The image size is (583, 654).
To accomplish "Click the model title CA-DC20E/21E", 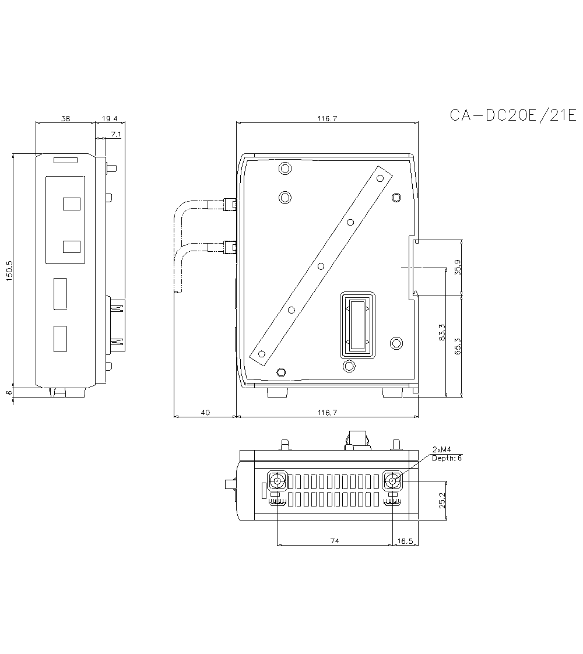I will tap(512, 115).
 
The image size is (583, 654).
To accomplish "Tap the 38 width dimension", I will tap(65, 118).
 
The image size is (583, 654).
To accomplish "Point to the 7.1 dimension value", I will tap(115, 135).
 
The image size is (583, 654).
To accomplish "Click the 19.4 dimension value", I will tap(110, 118).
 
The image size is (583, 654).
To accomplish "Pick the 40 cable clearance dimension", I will tap(205, 413).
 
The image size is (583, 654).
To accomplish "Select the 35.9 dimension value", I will tap(458, 267).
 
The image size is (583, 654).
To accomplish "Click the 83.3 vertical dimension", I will tap(442, 332).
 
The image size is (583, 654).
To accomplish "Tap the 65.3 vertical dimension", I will tap(458, 346).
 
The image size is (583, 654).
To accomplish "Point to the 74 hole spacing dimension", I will tap(335, 541).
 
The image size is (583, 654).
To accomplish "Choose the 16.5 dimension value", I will tap(405, 541).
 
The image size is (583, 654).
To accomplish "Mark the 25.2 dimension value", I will tap(442, 500).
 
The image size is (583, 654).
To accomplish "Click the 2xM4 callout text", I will tap(442, 449).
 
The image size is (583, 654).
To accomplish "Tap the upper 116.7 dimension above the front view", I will tap(327, 118).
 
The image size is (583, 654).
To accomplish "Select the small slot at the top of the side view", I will tap(65, 160).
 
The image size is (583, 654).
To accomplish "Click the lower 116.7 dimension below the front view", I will tap(327, 413).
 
